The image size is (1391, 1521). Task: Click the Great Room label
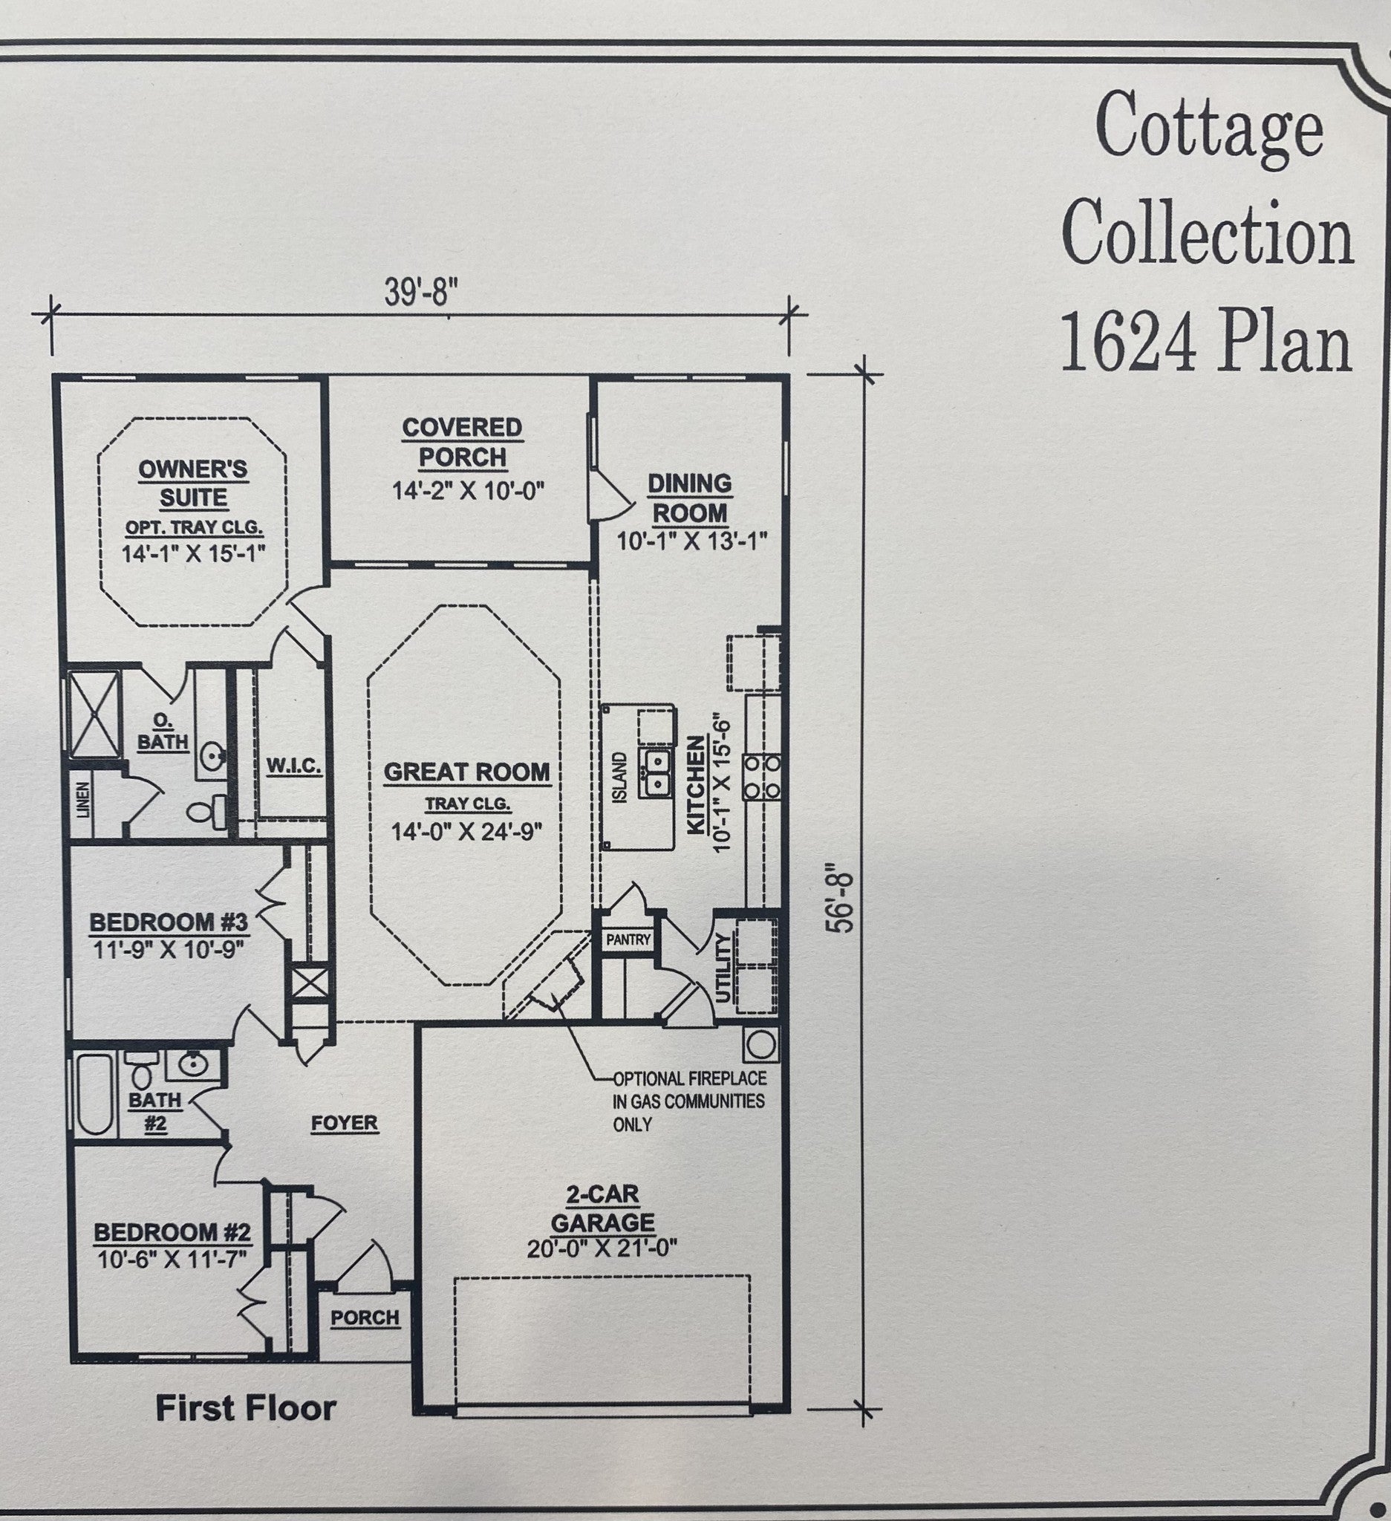tap(467, 772)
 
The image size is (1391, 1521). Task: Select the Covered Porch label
tap(462, 442)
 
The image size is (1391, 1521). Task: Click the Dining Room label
tap(688, 497)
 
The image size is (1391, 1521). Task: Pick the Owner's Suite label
tap(193, 483)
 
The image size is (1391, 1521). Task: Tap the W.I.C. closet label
tap(293, 766)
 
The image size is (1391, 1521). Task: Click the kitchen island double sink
tap(657, 773)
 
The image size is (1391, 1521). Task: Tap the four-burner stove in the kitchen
tap(761, 776)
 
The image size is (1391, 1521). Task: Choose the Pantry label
tap(628, 939)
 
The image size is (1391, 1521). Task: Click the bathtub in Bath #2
tap(94, 1093)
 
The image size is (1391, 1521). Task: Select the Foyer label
tap(345, 1123)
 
